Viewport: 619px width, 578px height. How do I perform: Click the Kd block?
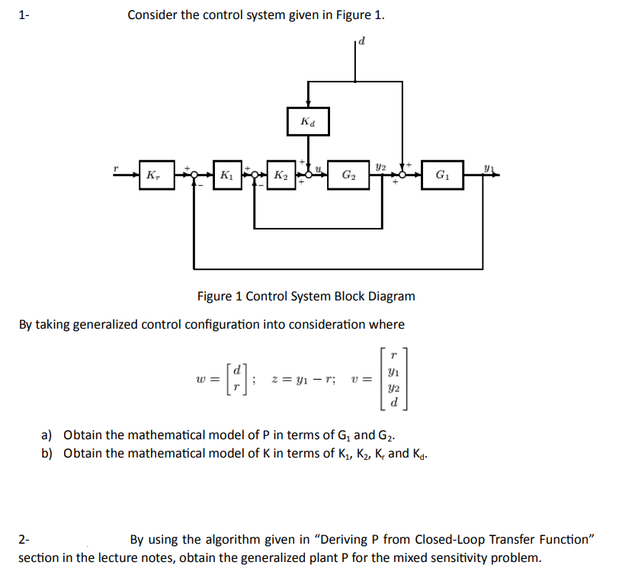(308, 121)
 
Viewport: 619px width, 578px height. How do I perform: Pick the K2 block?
(280, 175)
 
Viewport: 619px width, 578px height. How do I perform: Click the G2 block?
(348, 175)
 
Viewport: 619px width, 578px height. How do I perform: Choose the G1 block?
(441, 175)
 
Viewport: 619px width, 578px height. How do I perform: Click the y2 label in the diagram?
(382, 165)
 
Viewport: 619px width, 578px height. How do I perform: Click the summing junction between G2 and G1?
(403, 175)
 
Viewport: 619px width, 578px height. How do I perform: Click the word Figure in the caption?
(215, 296)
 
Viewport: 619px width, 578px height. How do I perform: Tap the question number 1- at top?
(24, 14)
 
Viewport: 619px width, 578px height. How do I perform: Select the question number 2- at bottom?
(24, 540)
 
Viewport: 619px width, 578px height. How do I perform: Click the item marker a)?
(47, 435)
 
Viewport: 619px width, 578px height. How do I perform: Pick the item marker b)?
(47, 454)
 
